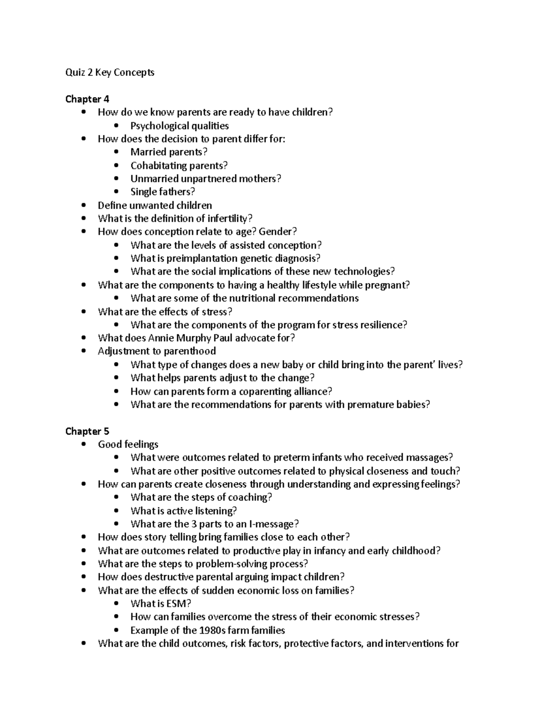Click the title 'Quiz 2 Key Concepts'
point(110,73)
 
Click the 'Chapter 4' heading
point(87,99)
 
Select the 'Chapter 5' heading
point(87,431)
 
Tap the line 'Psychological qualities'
point(179,126)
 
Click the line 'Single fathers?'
point(163,192)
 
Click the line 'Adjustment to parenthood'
point(157,351)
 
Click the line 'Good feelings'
point(128,445)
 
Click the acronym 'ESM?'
point(179,604)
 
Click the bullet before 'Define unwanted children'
point(83,205)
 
